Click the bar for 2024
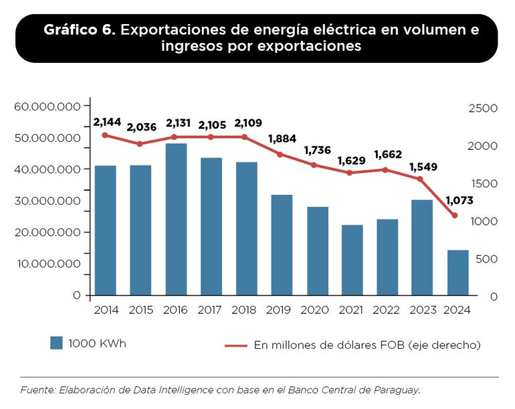[458, 272]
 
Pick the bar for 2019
[282, 244]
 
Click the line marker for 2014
[105, 135]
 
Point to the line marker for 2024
[455, 216]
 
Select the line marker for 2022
[385, 169]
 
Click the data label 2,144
[107, 122]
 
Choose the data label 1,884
[282, 139]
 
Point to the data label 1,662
[388, 155]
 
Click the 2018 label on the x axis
[246, 311]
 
